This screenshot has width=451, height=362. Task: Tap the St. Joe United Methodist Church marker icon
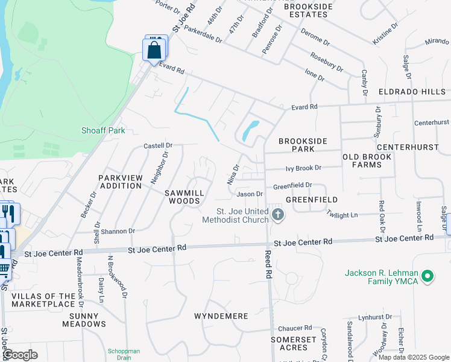tap(277, 214)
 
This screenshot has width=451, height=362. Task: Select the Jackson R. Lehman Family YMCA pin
tap(428, 277)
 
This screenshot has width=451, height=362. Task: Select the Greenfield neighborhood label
tap(312, 199)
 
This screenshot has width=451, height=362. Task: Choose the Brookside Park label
tap(303, 145)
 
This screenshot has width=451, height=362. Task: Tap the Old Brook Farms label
tap(367, 160)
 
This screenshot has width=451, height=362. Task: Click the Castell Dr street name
tap(158, 145)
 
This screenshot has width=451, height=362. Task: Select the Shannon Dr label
tap(118, 231)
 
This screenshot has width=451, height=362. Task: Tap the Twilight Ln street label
tap(342, 215)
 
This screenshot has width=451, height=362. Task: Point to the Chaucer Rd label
tap(294, 328)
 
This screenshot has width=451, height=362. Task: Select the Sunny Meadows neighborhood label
tap(87, 320)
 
